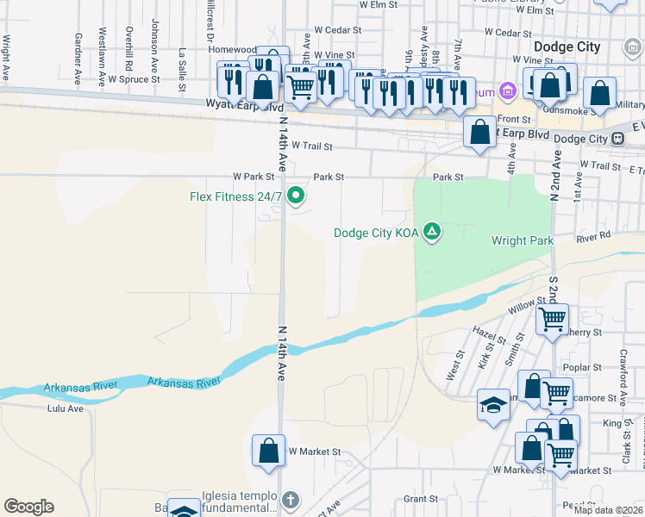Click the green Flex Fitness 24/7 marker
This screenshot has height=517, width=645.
pyautogui.click(x=296, y=196)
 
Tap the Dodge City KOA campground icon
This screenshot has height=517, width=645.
pyautogui.click(x=433, y=232)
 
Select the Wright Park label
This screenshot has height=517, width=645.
pyautogui.click(x=522, y=240)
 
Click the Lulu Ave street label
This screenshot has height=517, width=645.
pyautogui.click(x=66, y=408)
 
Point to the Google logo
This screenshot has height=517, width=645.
pyautogui.click(x=28, y=507)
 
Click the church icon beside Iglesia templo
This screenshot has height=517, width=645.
pyautogui.click(x=291, y=500)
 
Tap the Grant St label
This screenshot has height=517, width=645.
pyautogui.click(x=421, y=498)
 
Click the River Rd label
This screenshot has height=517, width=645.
pyautogui.click(x=593, y=234)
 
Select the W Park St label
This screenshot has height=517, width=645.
pyautogui.click(x=253, y=177)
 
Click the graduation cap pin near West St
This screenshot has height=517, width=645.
pyautogui.click(x=493, y=406)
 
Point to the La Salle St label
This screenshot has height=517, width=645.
pyautogui.click(x=182, y=70)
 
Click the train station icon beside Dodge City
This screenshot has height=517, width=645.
pyautogui.click(x=618, y=139)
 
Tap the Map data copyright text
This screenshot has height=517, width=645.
pyautogui.click(x=607, y=510)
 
